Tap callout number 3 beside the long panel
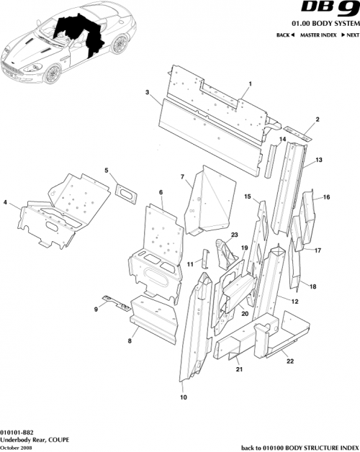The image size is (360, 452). tap(147, 93)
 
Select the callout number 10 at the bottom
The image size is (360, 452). tap(183, 397)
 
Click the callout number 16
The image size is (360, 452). tap(326, 196)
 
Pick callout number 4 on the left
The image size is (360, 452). tap(6, 204)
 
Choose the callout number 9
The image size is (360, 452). tap(95, 309)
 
